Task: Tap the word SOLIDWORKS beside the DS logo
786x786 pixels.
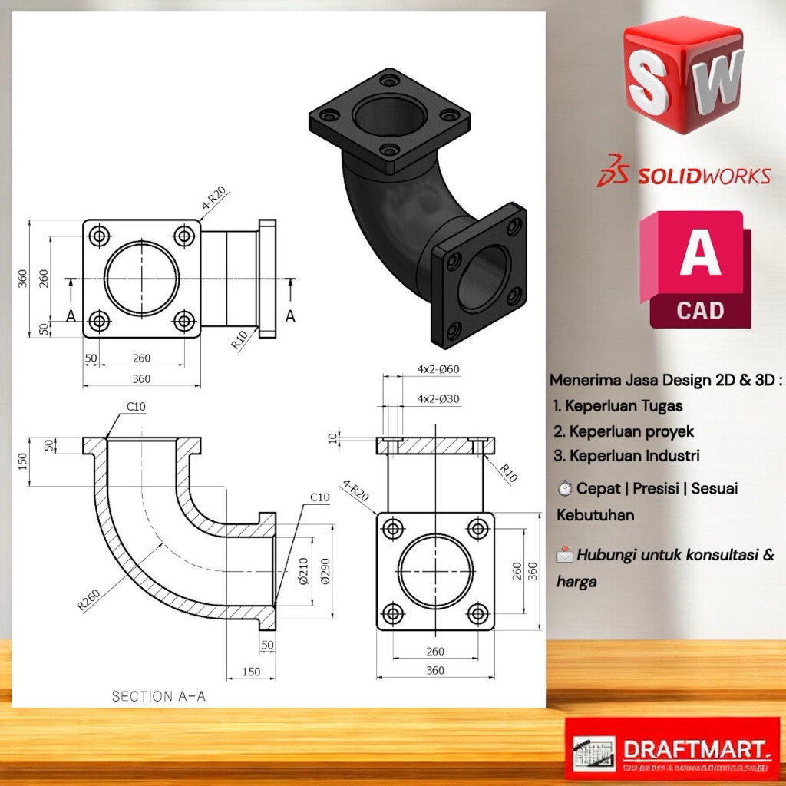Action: coord(703,177)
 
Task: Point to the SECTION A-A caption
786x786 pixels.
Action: coord(159,696)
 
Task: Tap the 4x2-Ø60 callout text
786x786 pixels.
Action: coord(438,368)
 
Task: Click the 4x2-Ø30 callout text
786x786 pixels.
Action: coord(438,398)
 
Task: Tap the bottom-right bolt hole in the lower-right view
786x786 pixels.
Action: coord(477,613)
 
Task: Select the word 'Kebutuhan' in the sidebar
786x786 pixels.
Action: coord(596,515)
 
